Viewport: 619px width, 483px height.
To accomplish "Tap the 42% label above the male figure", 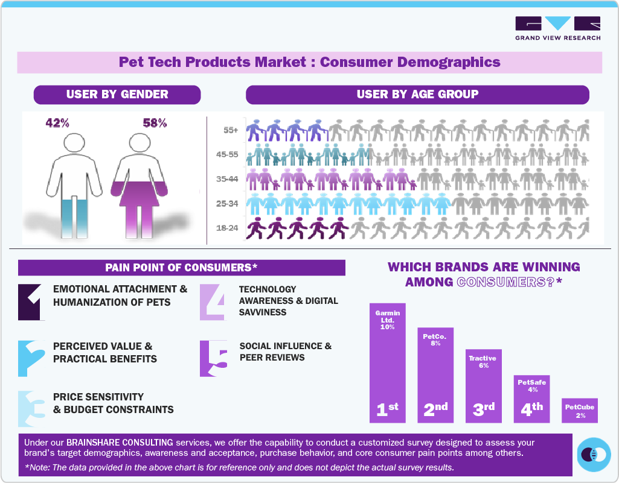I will tap(57, 123).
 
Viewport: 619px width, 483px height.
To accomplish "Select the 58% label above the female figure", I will tap(155, 123).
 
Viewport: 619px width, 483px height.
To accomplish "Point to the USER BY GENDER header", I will tap(117, 94).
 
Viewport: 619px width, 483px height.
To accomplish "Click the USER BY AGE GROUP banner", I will tap(417, 94).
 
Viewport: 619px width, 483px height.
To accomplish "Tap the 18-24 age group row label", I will tap(227, 229).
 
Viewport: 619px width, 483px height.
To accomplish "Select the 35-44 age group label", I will tap(227, 179).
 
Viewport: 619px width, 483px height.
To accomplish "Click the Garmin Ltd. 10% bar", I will tap(388, 362).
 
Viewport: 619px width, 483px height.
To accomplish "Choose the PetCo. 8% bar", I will tap(435, 374).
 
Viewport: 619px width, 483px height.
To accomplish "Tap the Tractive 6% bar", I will tap(483, 386).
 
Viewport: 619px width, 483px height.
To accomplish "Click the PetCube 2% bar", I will tap(579, 409).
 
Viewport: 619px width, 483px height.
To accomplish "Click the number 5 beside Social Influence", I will tap(214, 358).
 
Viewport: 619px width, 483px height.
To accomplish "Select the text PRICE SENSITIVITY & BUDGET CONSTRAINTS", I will tap(113, 403).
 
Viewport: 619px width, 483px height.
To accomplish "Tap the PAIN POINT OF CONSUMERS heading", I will tap(181, 267).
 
